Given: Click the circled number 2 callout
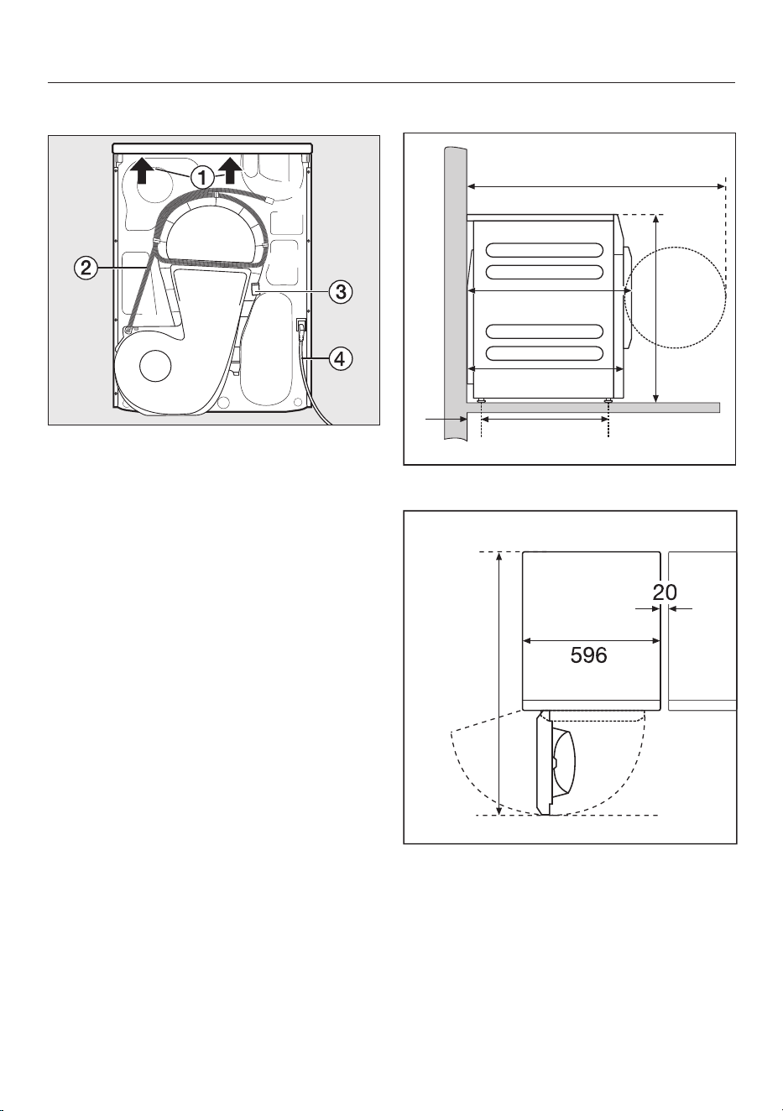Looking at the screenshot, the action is pos(86,269).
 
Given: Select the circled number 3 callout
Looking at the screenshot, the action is pos(341,292).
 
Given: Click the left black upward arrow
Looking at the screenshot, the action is pos(142,170).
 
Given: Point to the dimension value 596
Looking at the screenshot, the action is pos(588,656).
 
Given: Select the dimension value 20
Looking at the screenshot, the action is pos(665,592).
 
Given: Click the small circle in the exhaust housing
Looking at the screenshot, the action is pos(155,367).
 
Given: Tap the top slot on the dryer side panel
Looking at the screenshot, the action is pos(545,250).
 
